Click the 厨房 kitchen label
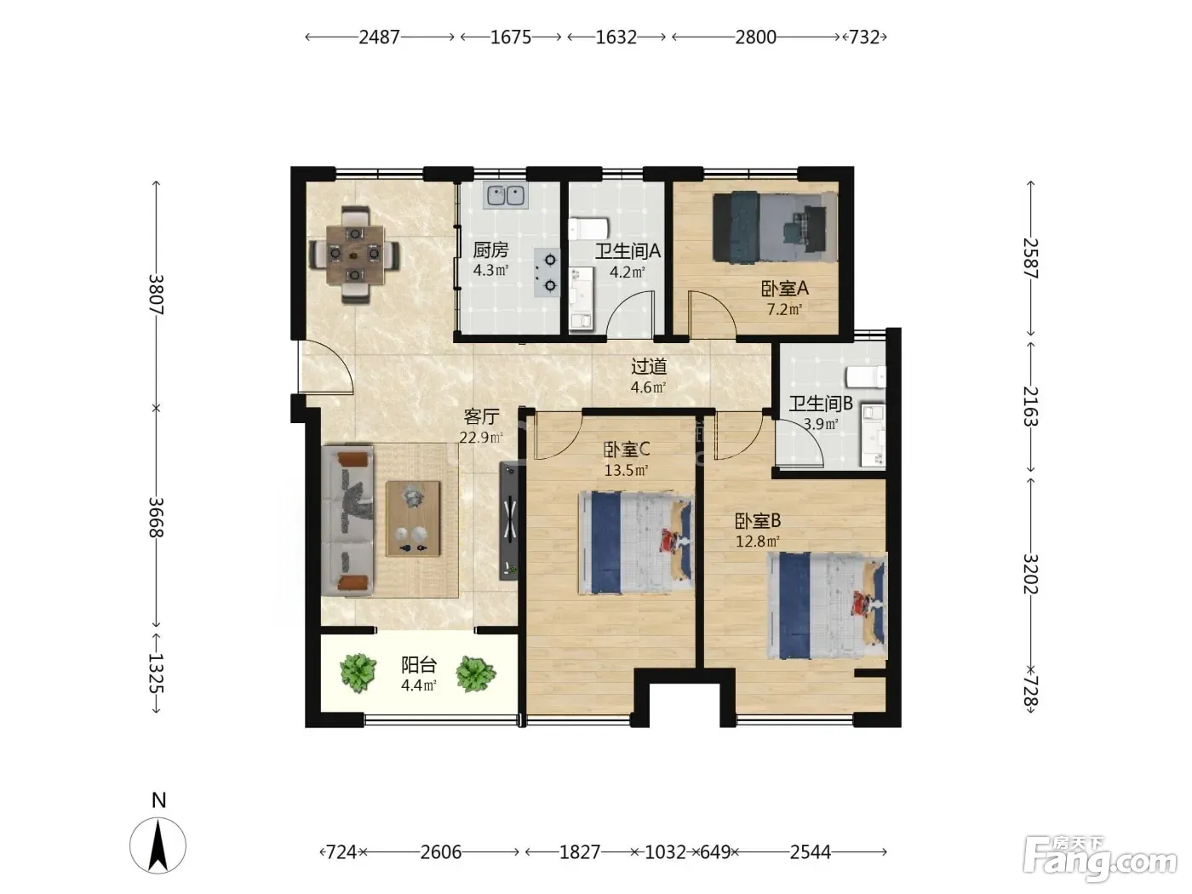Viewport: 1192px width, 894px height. [490, 250]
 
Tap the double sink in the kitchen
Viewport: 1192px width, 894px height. [506, 195]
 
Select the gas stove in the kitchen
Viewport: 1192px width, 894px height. [547, 272]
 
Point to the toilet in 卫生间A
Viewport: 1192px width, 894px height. [588, 228]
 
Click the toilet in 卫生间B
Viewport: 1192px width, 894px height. [866, 376]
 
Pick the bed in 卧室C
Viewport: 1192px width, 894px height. [636, 542]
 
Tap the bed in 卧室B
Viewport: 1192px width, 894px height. [827, 605]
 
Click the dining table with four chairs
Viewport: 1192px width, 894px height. [354, 254]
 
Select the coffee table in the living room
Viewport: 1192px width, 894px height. [413, 519]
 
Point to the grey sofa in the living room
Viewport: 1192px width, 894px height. [347, 520]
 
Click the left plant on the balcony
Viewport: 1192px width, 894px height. [358, 673]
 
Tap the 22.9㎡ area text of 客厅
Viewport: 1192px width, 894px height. [481, 438]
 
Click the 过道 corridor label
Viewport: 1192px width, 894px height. [649, 367]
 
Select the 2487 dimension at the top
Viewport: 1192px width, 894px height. [379, 37]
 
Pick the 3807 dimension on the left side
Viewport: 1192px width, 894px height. [156, 295]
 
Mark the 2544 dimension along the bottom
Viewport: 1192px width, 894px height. [811, 852]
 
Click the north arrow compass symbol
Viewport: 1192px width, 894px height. [158, 845]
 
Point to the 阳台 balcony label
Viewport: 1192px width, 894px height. [419, 665]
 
